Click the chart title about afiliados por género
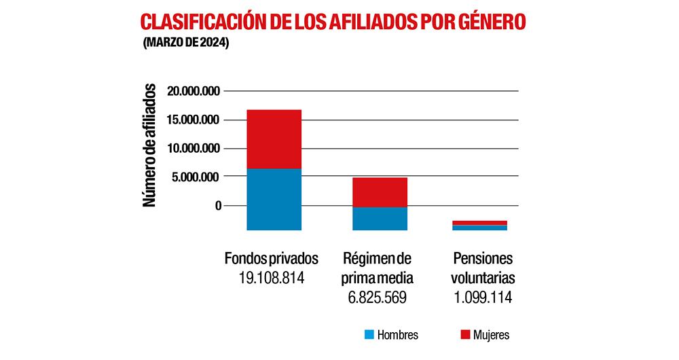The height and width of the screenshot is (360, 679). [x=333, y=22]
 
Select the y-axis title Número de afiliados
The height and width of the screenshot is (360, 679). [x=150, y=145]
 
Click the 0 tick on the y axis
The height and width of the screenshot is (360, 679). [x=217, y=206]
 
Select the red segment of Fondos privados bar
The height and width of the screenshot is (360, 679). [x=274, y=139]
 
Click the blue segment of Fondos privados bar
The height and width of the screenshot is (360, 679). [x=274, y=199]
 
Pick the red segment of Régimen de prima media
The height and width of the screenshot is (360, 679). [x=380, y=192]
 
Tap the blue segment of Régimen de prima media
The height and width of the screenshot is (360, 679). [x=380, y=219]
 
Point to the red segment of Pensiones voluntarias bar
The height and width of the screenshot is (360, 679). [x=479, y=223]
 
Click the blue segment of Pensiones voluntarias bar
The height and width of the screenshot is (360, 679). [x=479, y=228]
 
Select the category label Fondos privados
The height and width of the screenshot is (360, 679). [x=271, y=259]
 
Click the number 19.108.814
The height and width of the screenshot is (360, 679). [x=271, y=278]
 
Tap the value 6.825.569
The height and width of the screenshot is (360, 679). [x=378, y=298]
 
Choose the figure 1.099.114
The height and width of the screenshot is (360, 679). [x=483, y=298]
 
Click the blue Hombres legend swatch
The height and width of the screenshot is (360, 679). [x=369, y=335]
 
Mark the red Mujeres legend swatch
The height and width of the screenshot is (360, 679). [x=465, y=335]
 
